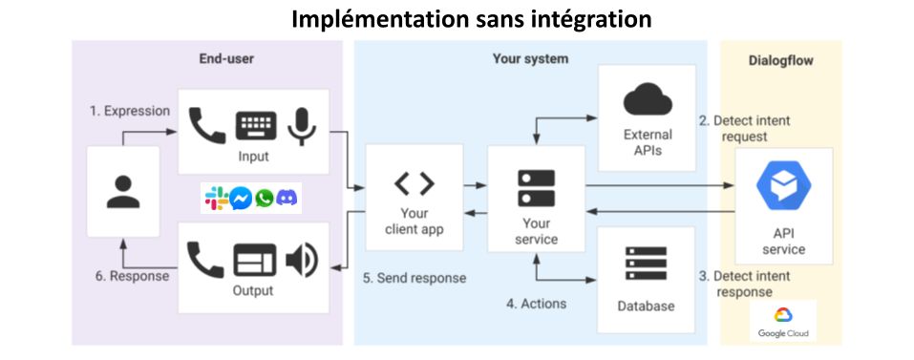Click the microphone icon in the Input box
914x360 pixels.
coord(303,125)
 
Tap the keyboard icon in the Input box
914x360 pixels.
coord(255,125)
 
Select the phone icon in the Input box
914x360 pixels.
coord(207,125)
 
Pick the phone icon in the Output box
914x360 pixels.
coord(206,259)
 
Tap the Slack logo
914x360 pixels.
coord(217,199)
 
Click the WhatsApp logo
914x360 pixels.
coord(264,199)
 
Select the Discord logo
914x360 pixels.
coord(287,199)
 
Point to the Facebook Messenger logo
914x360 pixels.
coord(241,199)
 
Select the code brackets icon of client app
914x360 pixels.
coord(414,183)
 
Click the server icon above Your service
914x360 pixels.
coord(536,187)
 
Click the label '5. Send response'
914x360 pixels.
coord(414,278)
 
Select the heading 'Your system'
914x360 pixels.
coord(530,59)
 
